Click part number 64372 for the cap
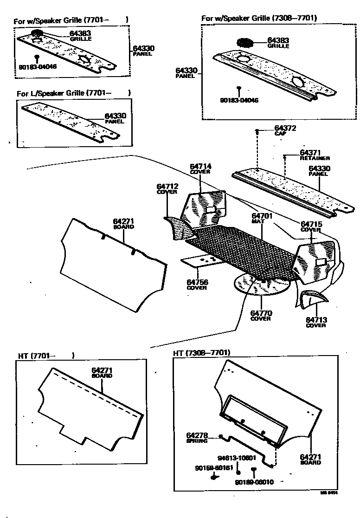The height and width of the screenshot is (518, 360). tap(285, 128)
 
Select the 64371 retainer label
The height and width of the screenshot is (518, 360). tap(311, 152)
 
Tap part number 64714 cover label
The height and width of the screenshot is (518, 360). tap(200, 166)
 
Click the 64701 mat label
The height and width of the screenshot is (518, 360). tap(262, 216)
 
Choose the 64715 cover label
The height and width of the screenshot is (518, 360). tap(311, 224)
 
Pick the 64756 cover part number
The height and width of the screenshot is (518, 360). tap(197, 282)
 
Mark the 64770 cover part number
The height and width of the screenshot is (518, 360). tap(261, 313)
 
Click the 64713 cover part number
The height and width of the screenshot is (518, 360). tap(316, 319)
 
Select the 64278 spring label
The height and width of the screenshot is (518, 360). tap(197, 435)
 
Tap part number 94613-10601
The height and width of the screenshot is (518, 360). tap(237, 457)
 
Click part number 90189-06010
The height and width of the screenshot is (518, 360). tap(254, 482)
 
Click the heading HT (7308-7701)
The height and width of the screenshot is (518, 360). tap(202, 353)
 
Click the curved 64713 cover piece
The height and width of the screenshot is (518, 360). tap(308, 297)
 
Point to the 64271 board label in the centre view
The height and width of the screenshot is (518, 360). tap(123, 221)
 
